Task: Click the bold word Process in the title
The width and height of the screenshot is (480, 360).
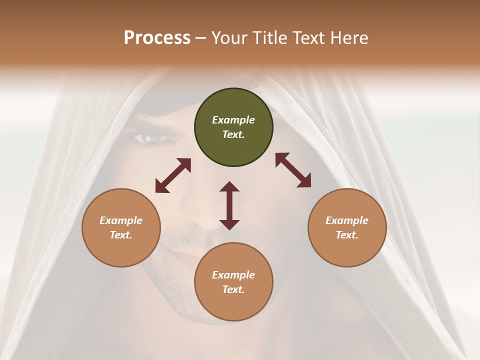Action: (157, 38)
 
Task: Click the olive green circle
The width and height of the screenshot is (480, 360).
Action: (233, 127)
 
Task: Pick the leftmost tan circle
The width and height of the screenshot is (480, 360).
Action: (121, 227)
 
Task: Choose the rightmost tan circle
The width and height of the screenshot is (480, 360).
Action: (347, 227)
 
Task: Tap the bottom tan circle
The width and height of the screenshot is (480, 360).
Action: (233, 282)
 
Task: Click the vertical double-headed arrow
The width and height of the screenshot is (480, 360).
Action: (229, 205)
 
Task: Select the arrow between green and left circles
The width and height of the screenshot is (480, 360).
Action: (173, 175)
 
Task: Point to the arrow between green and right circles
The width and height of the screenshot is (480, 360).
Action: (293, 170)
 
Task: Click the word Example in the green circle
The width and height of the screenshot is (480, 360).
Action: (233, 120)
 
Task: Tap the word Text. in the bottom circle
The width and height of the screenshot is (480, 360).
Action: (233, 289)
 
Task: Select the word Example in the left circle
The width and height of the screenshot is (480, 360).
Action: (121, 220)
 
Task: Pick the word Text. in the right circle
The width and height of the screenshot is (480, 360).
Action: (347, 235)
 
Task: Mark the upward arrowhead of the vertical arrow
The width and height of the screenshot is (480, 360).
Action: (229, 186)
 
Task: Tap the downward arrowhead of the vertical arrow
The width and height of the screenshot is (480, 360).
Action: (229, 224)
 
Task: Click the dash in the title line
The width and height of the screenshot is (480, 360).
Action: (201, 38)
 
